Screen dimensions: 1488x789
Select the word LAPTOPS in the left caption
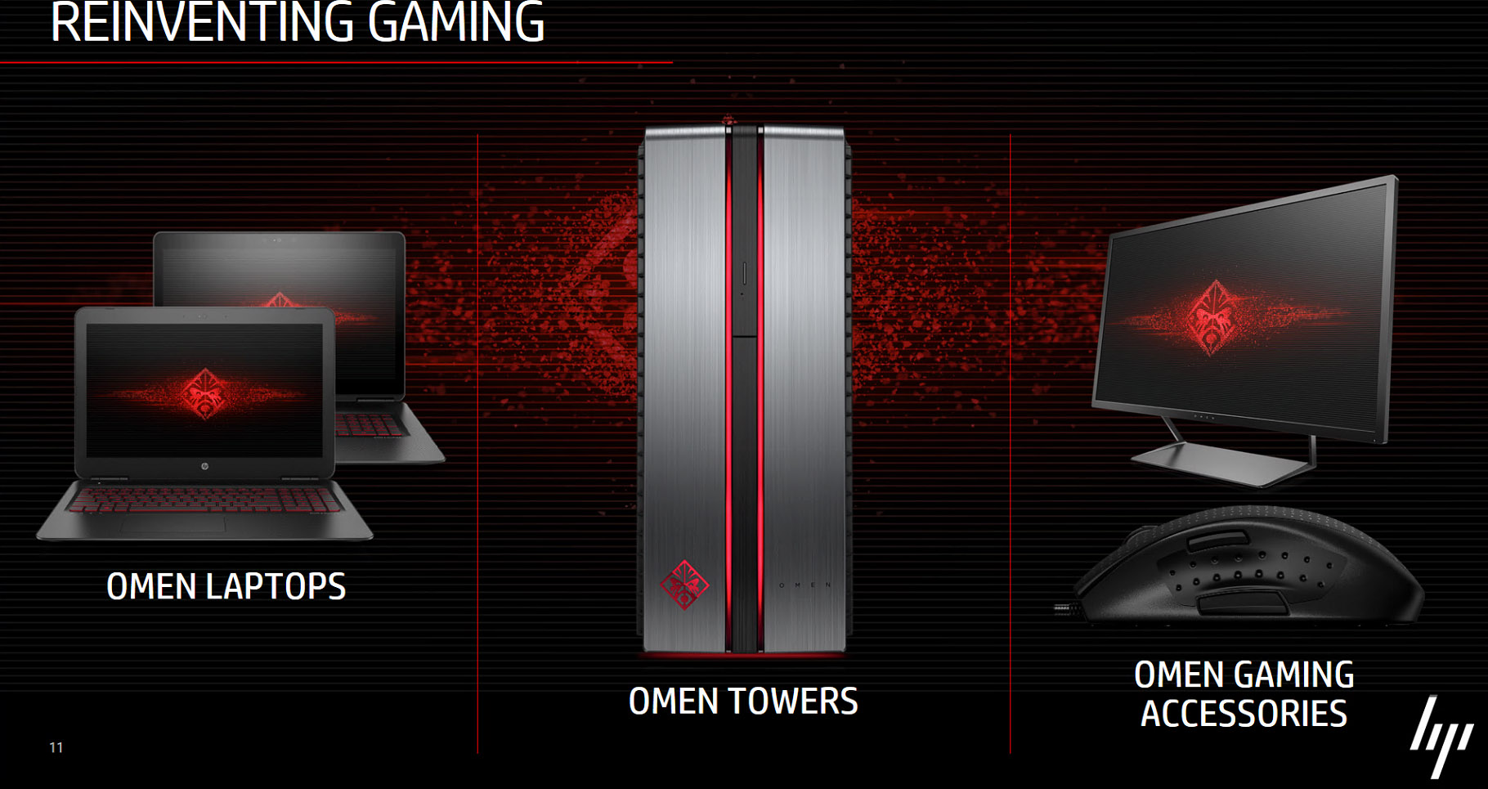(x=276, y=586)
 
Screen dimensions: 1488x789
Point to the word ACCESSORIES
(x=1244, y=713)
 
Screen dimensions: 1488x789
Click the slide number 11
(x=56, y=747)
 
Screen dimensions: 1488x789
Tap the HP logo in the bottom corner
(x=1441, y=737)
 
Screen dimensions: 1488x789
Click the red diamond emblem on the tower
(x=684, y=584)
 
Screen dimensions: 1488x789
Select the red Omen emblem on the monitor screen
(x=1213, y=317)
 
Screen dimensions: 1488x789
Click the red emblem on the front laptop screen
(x=204, y=393)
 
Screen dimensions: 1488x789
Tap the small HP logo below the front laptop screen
(x=204, y=466)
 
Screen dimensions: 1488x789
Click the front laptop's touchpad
(x=172, y=524)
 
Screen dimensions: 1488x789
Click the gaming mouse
(x=1247, y=567)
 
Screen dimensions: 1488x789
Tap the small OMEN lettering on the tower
(x=805, y=585)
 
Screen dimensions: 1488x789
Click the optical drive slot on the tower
(x=744, y=274)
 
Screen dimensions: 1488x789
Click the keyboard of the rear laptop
(x=372, y=424)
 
